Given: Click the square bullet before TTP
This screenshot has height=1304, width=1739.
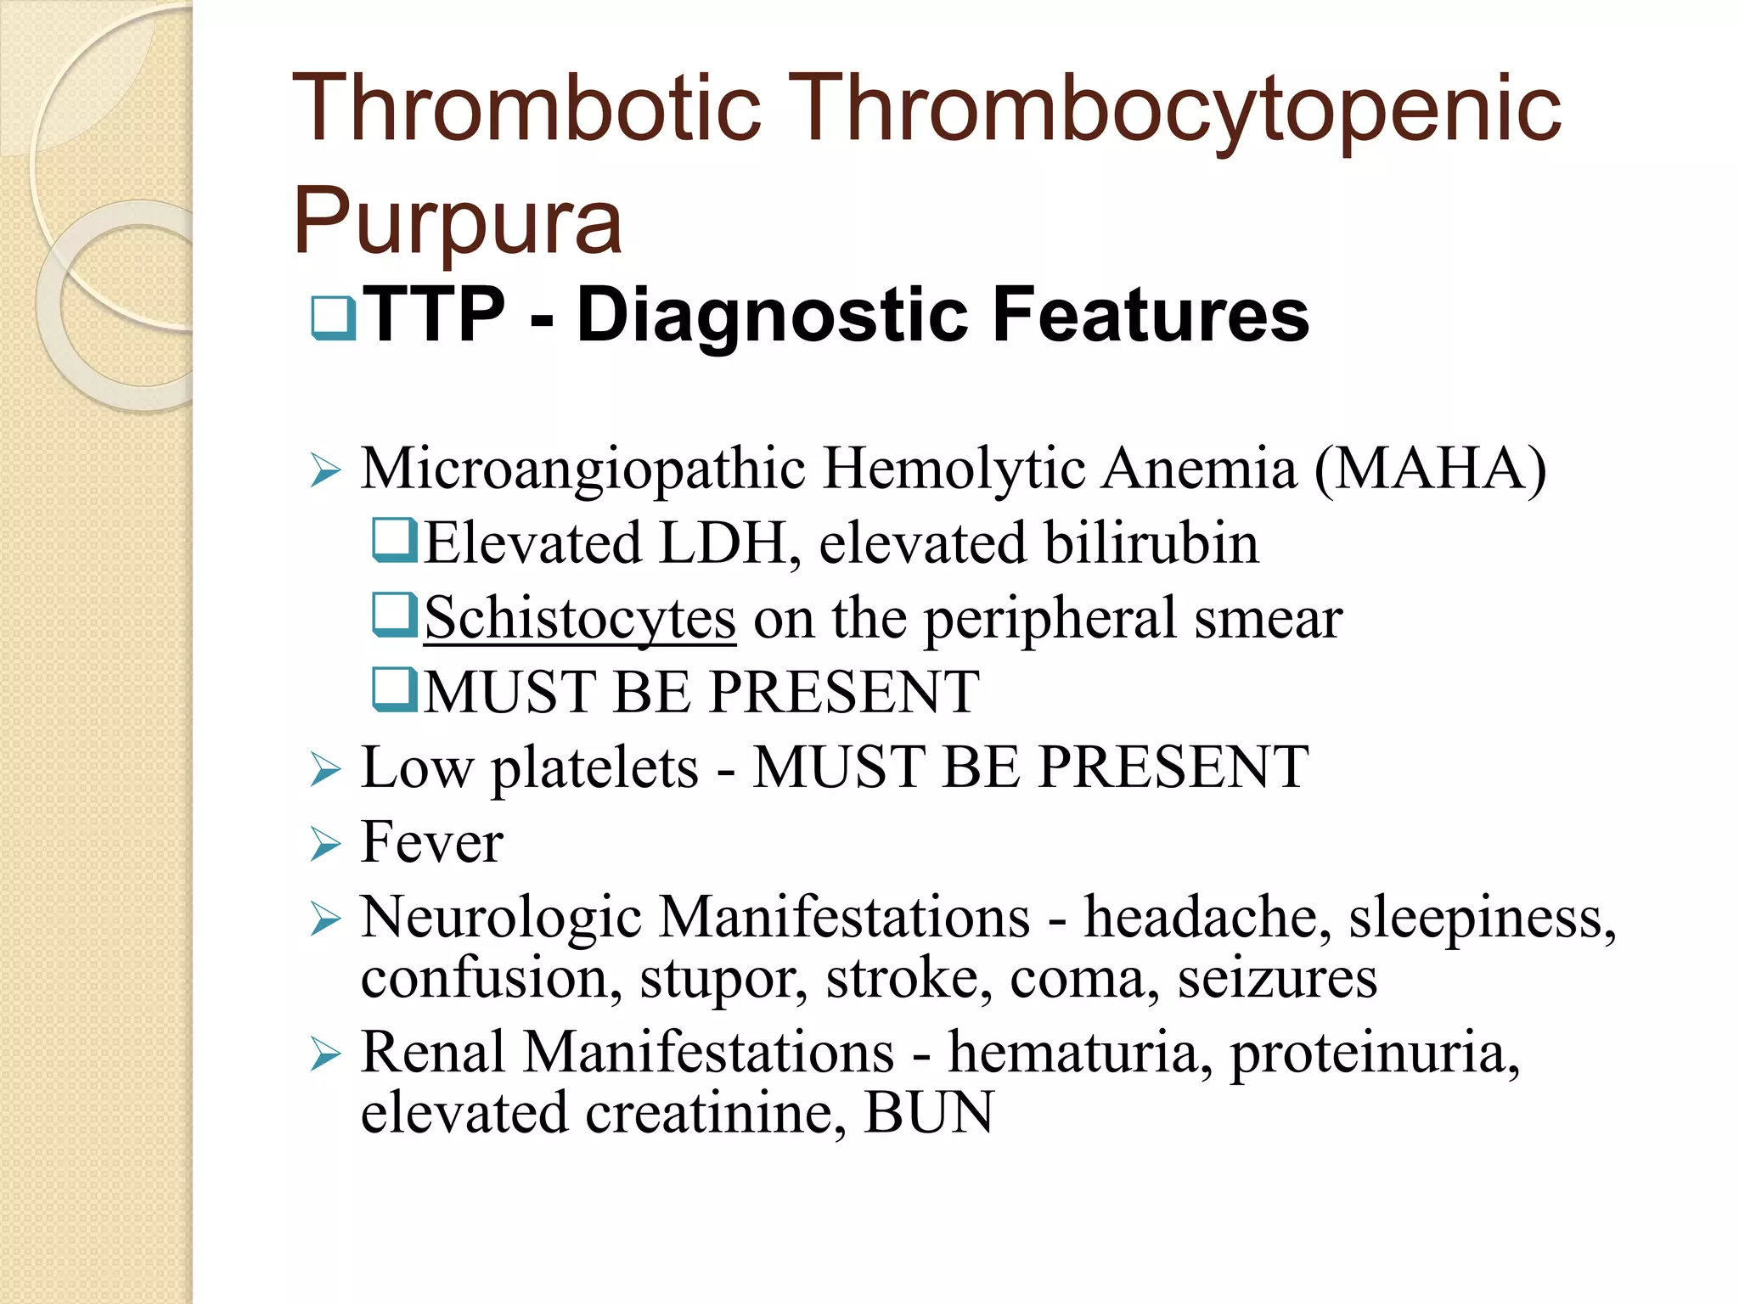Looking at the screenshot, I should tap(334, 318).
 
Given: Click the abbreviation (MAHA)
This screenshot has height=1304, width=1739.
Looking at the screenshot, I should tap(1430, 469).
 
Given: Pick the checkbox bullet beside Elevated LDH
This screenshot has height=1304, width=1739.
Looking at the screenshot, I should tap(395, 541).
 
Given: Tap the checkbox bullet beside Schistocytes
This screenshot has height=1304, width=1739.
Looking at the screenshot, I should tap(395, 615).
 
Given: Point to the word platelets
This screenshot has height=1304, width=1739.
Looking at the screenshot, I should tap(594, 769).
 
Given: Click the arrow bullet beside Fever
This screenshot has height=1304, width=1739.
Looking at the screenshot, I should tap(326, 844).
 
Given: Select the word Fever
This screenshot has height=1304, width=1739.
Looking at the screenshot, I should tap(432, 842).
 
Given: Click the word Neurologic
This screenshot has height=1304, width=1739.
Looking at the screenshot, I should tap(501, 919).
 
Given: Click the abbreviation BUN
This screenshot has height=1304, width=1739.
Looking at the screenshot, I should tap(929, 1113).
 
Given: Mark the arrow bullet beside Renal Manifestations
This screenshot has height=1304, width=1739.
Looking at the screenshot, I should tap(326, 1054).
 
